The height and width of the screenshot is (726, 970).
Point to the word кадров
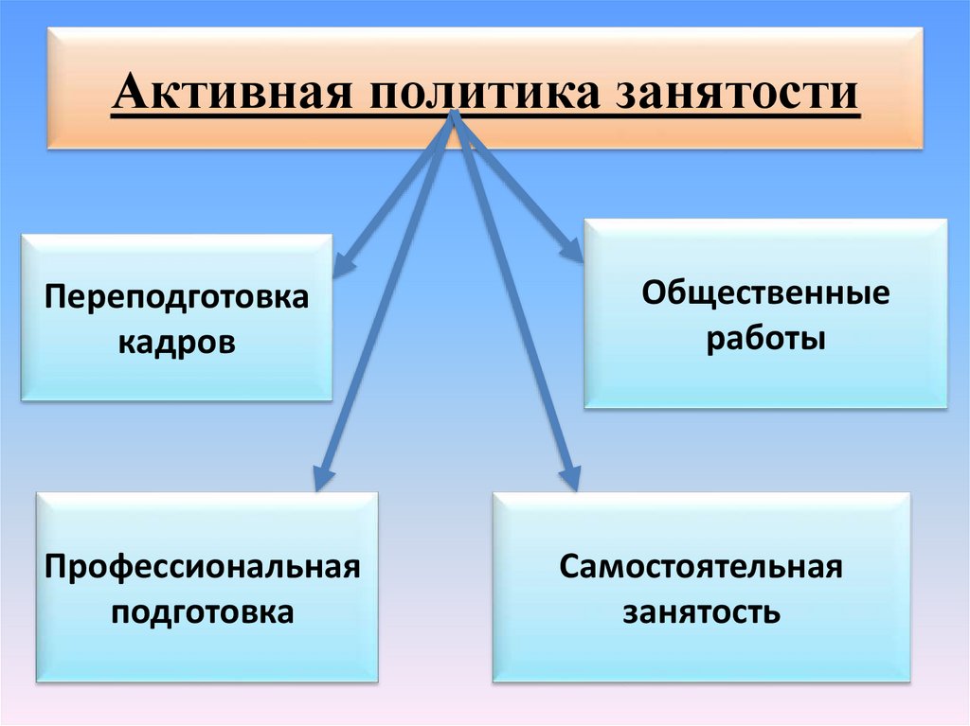coord(177,341)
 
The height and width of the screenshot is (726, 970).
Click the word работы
coord(765,338)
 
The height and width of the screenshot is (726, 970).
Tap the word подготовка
coord(203,612)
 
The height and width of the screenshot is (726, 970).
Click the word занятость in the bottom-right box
coord(701,612)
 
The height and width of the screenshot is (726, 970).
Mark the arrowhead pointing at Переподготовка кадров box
coord(343,265)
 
